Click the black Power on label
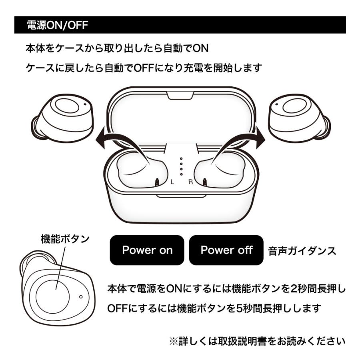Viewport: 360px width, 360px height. click(x=147, y=250)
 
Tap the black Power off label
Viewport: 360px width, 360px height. click(x=226, y=250)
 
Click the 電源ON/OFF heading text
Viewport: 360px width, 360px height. click(x=57, y=25)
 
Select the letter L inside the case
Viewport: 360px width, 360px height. click(x=172, y=182)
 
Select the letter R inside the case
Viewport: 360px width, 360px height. click(x=190, y=182)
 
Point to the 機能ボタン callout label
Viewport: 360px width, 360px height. click(x=65, y=239)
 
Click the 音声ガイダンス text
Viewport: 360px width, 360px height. click(x=302, y=251)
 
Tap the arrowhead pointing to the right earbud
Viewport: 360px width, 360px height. click(x=260, y=138)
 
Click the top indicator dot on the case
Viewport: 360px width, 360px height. click(x=181, y=159)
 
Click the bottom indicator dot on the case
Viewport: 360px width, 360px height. click(x=181, y=174)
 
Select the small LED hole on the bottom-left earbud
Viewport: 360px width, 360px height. click(x=81, y=297)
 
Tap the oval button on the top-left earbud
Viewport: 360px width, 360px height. click(x=67, y=106)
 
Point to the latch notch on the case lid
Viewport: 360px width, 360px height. click(x=180, y=96)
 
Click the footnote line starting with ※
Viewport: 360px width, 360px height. click(x=257, y=341)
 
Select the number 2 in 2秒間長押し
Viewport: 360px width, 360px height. click(x=294, y=288)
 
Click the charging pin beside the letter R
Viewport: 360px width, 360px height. click(x=204, y=182)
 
